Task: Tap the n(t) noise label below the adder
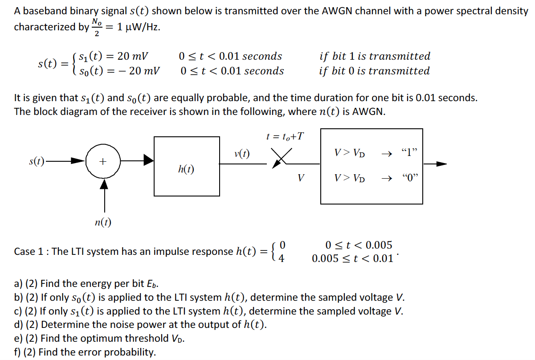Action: click(103, 222)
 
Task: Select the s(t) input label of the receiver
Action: click(37, 161)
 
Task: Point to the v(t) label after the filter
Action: click(241, 154)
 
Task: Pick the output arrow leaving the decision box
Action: click(435, 164)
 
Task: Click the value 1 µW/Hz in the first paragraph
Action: click(138, 27)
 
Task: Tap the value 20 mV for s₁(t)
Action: click(133, 57)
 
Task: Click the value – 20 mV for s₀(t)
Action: click(139, 71)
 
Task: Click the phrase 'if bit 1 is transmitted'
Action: click(375, 56)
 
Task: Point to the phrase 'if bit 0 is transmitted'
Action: click(374, 71)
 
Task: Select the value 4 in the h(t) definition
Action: click(281, 258)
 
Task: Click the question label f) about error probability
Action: click(18, 352)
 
